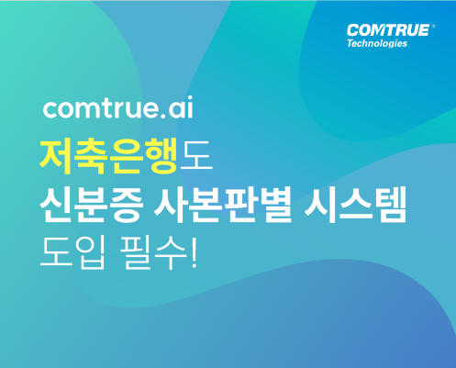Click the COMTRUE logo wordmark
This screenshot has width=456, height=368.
(388, 30)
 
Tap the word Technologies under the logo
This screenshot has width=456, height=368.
(377, 43)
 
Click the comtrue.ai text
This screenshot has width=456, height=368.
(118, 107)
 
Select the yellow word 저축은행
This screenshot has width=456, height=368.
(109, 155)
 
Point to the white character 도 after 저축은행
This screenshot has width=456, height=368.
(196, 155)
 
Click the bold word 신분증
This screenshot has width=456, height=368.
(91, 204)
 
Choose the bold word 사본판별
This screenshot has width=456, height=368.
(222, 204)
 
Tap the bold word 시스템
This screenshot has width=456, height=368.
(355, 204)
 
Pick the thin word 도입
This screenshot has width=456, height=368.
(73, 252)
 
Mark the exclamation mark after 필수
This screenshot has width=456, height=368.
(194, 252)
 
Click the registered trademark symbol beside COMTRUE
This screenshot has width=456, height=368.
(433, 27)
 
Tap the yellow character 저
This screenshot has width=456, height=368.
(57, 155)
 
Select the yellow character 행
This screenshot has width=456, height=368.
(161, 155)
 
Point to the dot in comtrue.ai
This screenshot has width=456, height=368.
(162, 116)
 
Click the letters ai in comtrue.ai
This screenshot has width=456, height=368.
(181, 107)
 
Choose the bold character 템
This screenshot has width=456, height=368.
(389, 204)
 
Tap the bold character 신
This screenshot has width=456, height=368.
(57, 205)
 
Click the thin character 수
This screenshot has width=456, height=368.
(171, 252)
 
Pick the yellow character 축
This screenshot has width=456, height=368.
(92, 155)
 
